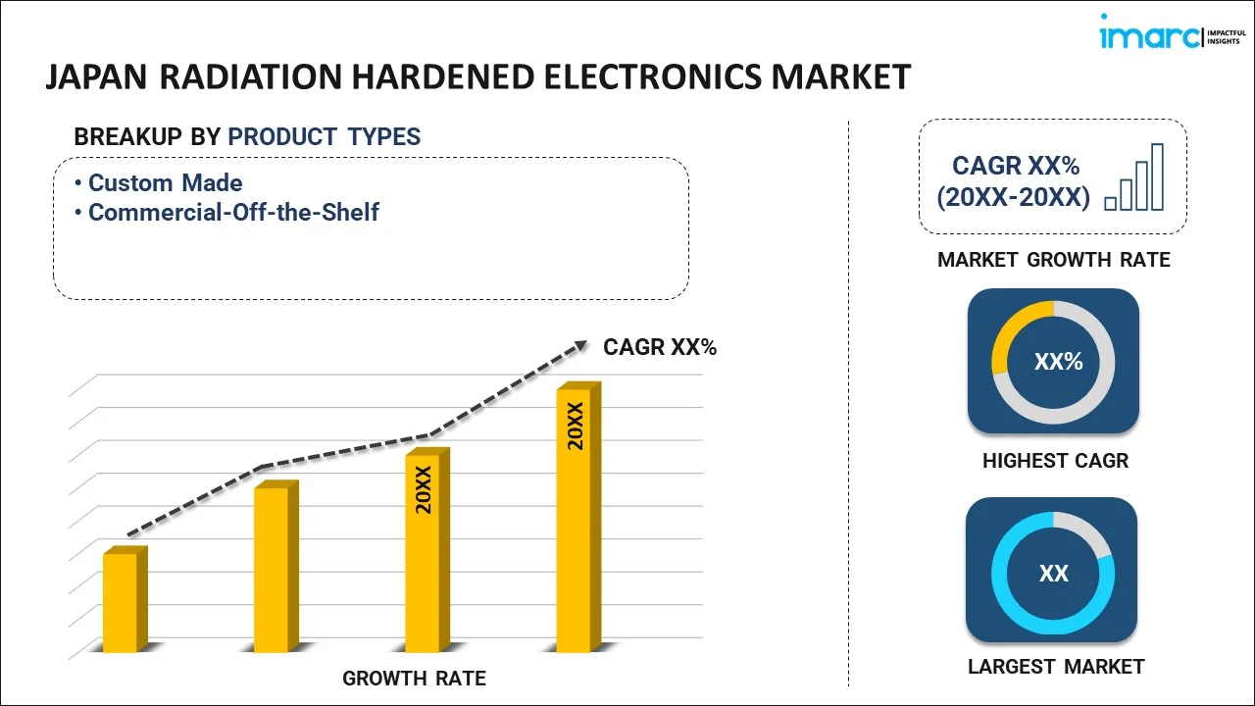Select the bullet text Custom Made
[x=165, y=182]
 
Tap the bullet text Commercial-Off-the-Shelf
[x=233, y=212]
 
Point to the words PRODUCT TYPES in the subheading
[x=324, y=137]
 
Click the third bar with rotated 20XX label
[x=424, y=551]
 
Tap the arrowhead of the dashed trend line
[x=580, y=345]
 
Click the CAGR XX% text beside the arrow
[x=659, y=347]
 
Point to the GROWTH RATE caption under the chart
[x=414, y=678]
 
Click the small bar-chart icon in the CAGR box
[x=1134, y=178]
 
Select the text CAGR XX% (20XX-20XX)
[x=1013, y=181]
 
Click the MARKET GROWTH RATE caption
[x=1053, y=260]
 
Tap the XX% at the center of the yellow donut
[x=1058, y=362]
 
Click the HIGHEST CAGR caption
[x=1055, y=461]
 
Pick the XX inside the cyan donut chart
[x=1053, y=574]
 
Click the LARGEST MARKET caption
[x=1055, y=667]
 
